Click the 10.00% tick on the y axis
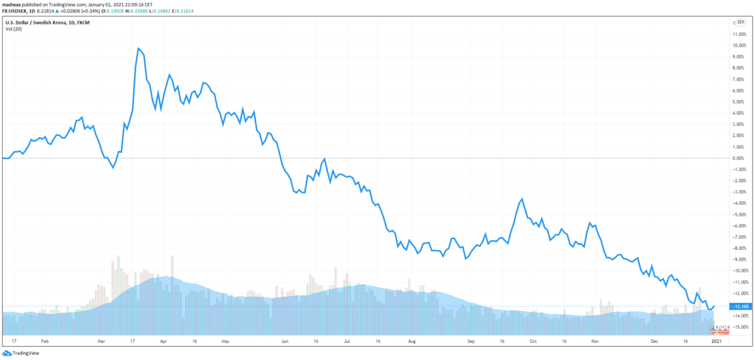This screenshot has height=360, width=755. (x=737, y=45)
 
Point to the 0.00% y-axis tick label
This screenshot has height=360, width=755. (x=737, y=158)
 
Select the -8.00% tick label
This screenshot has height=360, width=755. (x=737, y=248)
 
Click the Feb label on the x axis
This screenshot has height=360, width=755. (x=44, y=340)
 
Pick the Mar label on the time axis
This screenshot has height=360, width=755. (x=102, y=340)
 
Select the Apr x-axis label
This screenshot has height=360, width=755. (x=163, y=340)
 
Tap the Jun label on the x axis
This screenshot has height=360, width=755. (x=285, y=340)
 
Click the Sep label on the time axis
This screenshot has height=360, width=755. (x=471, y=340)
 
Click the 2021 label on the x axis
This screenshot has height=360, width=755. (x=715, y=340)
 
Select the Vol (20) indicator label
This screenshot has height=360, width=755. (x=14, y=29)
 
